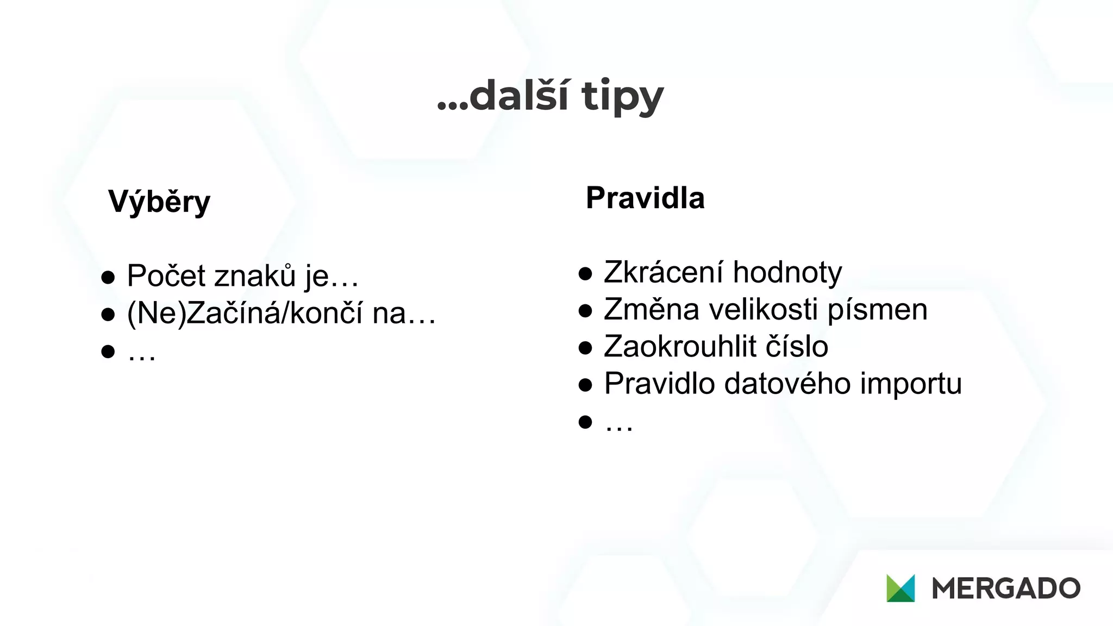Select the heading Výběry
click(159, 202)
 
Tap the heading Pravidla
click(645, 198)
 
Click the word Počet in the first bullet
click(166, 276)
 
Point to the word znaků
click(255, 276)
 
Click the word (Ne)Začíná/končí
click(245, 313)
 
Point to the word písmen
click(877, 310)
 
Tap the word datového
click(787, 383)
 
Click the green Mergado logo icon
click(901, 588)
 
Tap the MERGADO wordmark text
click(1006, 589)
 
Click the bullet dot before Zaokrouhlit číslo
click(585, 348)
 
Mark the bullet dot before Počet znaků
click(108, 277)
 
